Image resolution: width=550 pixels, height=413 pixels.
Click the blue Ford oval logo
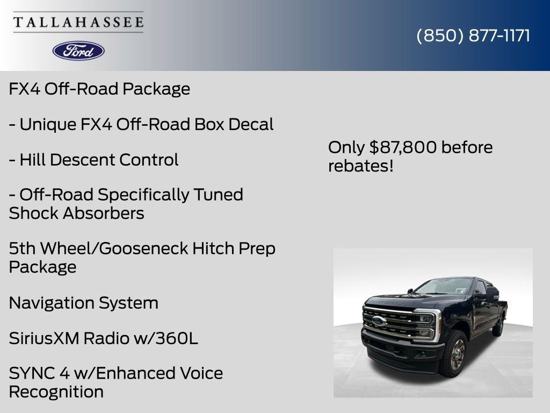point(78,51)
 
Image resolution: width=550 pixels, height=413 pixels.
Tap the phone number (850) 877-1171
point(473,35)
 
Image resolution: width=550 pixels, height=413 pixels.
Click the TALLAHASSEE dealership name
point(78,22)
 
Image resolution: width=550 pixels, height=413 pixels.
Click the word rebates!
point(360,166)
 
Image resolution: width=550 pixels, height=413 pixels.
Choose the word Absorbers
point(104,213)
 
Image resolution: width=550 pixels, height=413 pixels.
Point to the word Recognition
point(56,392)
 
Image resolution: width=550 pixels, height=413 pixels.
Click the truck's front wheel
point(453,353)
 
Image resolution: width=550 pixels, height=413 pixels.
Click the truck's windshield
point(445,286)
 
